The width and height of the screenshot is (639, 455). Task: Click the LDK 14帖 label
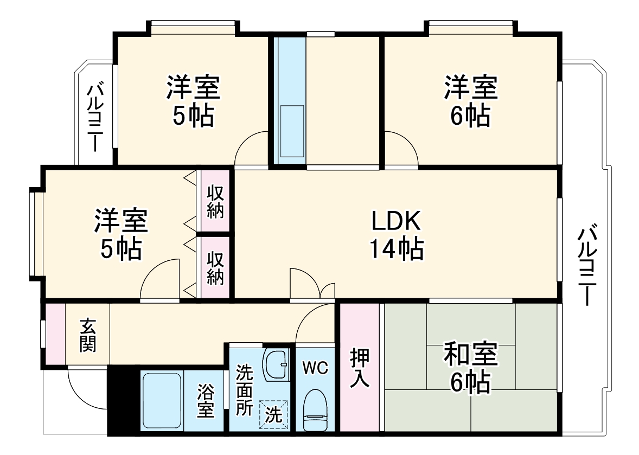tap(397, 235)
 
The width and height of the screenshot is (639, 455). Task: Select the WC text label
tap(315, 368)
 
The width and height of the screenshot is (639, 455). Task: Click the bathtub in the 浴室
tap(162, 400)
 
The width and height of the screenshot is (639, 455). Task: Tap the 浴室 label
tap(205, 401)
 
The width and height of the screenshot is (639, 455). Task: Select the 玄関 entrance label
tap(88, 335)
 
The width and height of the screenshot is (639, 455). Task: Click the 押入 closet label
tap(359, 368)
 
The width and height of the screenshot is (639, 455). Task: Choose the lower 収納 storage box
tap(215, 267)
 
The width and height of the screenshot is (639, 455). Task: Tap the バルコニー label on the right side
tap(586, 266)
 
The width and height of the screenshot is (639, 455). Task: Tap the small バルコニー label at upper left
tap(96, 116)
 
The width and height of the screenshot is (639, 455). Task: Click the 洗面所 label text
tap(245, 390)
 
